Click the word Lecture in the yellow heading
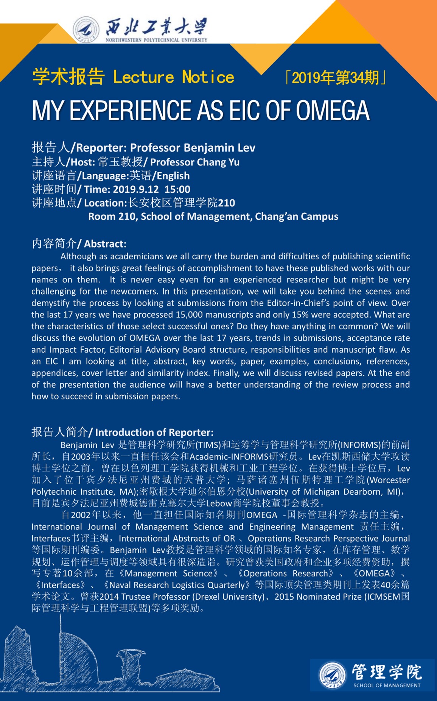point(143,77)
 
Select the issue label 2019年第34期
point(335,78)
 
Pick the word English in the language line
point(173,176)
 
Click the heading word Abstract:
point(105,244)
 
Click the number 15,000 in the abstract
point(190,315)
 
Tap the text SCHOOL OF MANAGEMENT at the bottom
point(387,685)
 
